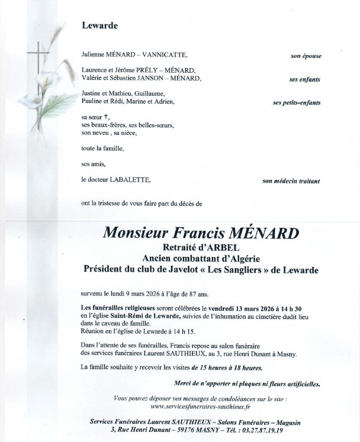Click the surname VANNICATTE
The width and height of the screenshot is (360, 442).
click(162, 56)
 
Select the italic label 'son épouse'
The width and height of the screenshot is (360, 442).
click(306, 56)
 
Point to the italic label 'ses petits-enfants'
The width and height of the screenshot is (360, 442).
click(297, 102)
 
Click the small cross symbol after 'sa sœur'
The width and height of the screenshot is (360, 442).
click(106, 117)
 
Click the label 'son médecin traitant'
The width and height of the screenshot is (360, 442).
click(292, 180)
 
